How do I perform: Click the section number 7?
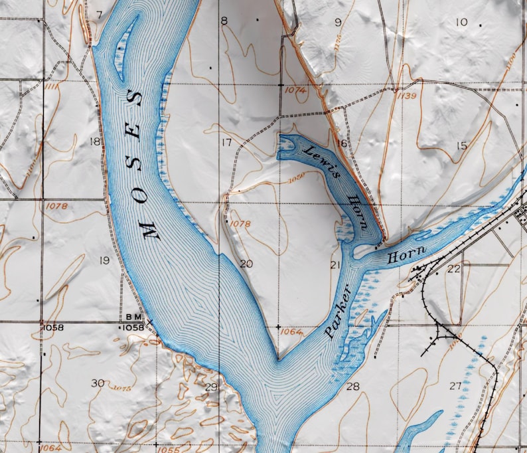point(99,14)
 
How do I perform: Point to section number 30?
point(98,383)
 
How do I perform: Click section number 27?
point(455,386)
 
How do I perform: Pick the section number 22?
point(454,268)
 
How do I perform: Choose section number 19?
point(104,260)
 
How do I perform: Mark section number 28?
point(352,387)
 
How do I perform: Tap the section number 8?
point(224,21)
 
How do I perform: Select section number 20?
point(246,264)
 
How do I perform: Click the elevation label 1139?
point(408,96)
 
